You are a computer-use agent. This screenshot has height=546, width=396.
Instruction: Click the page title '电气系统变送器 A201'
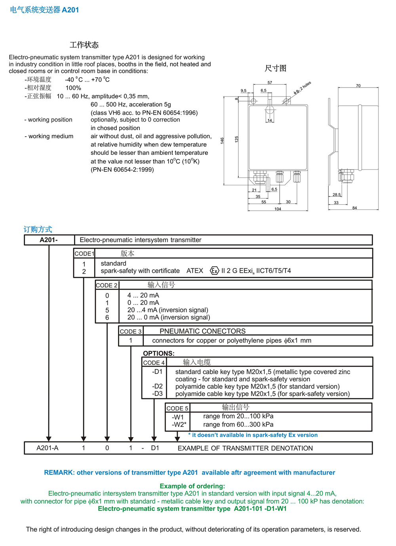[x=44, y=10]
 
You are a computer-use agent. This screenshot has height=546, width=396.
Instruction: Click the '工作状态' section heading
[x=84, y=45]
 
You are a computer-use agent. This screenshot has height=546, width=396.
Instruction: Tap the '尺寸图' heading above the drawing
[x=275, y=68]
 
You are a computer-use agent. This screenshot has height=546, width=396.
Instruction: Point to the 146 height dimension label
[x=222, y=141]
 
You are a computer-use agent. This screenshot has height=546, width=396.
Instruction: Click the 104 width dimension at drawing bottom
[x=278, y=209]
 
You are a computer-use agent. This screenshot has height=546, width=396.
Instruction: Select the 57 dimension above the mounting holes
[x=270, y=82]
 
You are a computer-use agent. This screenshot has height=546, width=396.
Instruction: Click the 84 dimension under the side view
[x=354, y=208]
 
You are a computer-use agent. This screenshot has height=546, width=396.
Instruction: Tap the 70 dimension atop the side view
[x=358, y=86]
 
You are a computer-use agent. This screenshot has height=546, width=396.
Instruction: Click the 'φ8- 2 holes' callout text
[x=303, y=88]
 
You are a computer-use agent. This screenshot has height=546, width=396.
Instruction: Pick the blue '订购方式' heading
[x=38, y=229]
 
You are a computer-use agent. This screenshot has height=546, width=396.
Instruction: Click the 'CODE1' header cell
[x=84, y=253]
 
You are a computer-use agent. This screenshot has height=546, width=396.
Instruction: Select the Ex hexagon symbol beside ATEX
[x=214, y=271]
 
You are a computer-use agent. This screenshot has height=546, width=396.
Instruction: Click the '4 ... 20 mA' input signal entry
[x=143, y=295]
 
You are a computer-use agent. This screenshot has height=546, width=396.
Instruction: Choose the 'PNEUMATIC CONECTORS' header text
[x=202, y=331]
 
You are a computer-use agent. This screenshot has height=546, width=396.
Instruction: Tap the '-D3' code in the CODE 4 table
[x=157, y=394]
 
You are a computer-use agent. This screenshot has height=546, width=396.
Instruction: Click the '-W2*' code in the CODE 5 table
[x=179, y=424]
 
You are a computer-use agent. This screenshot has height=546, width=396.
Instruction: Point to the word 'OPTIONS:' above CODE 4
[x=159, y=353]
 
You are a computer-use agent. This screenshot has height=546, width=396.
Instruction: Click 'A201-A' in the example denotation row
[x=48, y=448]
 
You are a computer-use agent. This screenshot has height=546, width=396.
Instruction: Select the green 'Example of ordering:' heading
[x=192, y=486]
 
